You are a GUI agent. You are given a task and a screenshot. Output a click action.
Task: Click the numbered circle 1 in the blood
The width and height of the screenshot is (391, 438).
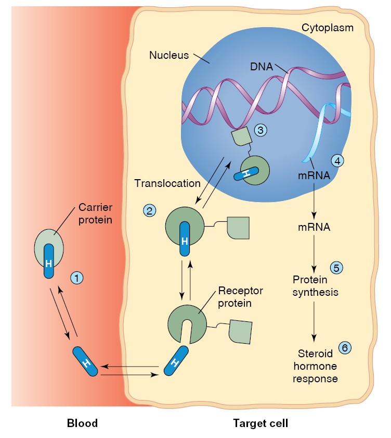click(77, 278)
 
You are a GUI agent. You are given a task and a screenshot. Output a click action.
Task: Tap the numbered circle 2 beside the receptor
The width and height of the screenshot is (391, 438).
click(149, 210)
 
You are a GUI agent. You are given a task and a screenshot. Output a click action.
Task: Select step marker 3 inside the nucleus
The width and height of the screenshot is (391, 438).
click(260, 130)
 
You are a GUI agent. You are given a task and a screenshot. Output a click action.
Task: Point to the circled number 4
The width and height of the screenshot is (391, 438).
click(337, 161)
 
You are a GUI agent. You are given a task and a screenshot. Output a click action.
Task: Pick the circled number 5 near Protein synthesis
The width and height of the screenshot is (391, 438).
click(336, 268)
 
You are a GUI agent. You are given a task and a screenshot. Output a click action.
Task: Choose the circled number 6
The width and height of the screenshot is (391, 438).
click(345, 348)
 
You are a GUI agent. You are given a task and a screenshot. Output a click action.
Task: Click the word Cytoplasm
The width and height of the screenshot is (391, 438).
click(328, 28)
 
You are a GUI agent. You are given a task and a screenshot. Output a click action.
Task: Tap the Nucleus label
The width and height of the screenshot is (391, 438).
click(169, 55)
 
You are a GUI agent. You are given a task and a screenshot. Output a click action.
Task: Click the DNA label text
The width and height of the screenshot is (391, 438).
click(262, 67)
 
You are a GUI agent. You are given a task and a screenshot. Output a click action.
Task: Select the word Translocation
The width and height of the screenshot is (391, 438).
click(167, 183)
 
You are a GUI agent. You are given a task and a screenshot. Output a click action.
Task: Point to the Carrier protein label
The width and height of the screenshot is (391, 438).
click(95, 214)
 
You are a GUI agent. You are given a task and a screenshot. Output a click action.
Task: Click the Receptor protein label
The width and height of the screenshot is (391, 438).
click(240, 297)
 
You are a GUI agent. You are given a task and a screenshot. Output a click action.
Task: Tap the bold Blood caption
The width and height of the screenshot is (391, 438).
click(82, 423)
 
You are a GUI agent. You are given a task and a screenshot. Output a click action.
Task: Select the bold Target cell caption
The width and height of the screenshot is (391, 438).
click(260, 423)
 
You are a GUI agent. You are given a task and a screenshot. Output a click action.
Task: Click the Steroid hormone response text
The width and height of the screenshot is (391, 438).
click(315, 366)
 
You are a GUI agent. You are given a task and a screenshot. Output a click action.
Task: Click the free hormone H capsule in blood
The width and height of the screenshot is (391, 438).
click(85, 361)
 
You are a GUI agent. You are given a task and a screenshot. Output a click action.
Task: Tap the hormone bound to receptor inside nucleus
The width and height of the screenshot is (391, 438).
click(246, 174)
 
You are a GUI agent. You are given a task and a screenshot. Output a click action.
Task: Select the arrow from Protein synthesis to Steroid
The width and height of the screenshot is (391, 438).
click(314, 321)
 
